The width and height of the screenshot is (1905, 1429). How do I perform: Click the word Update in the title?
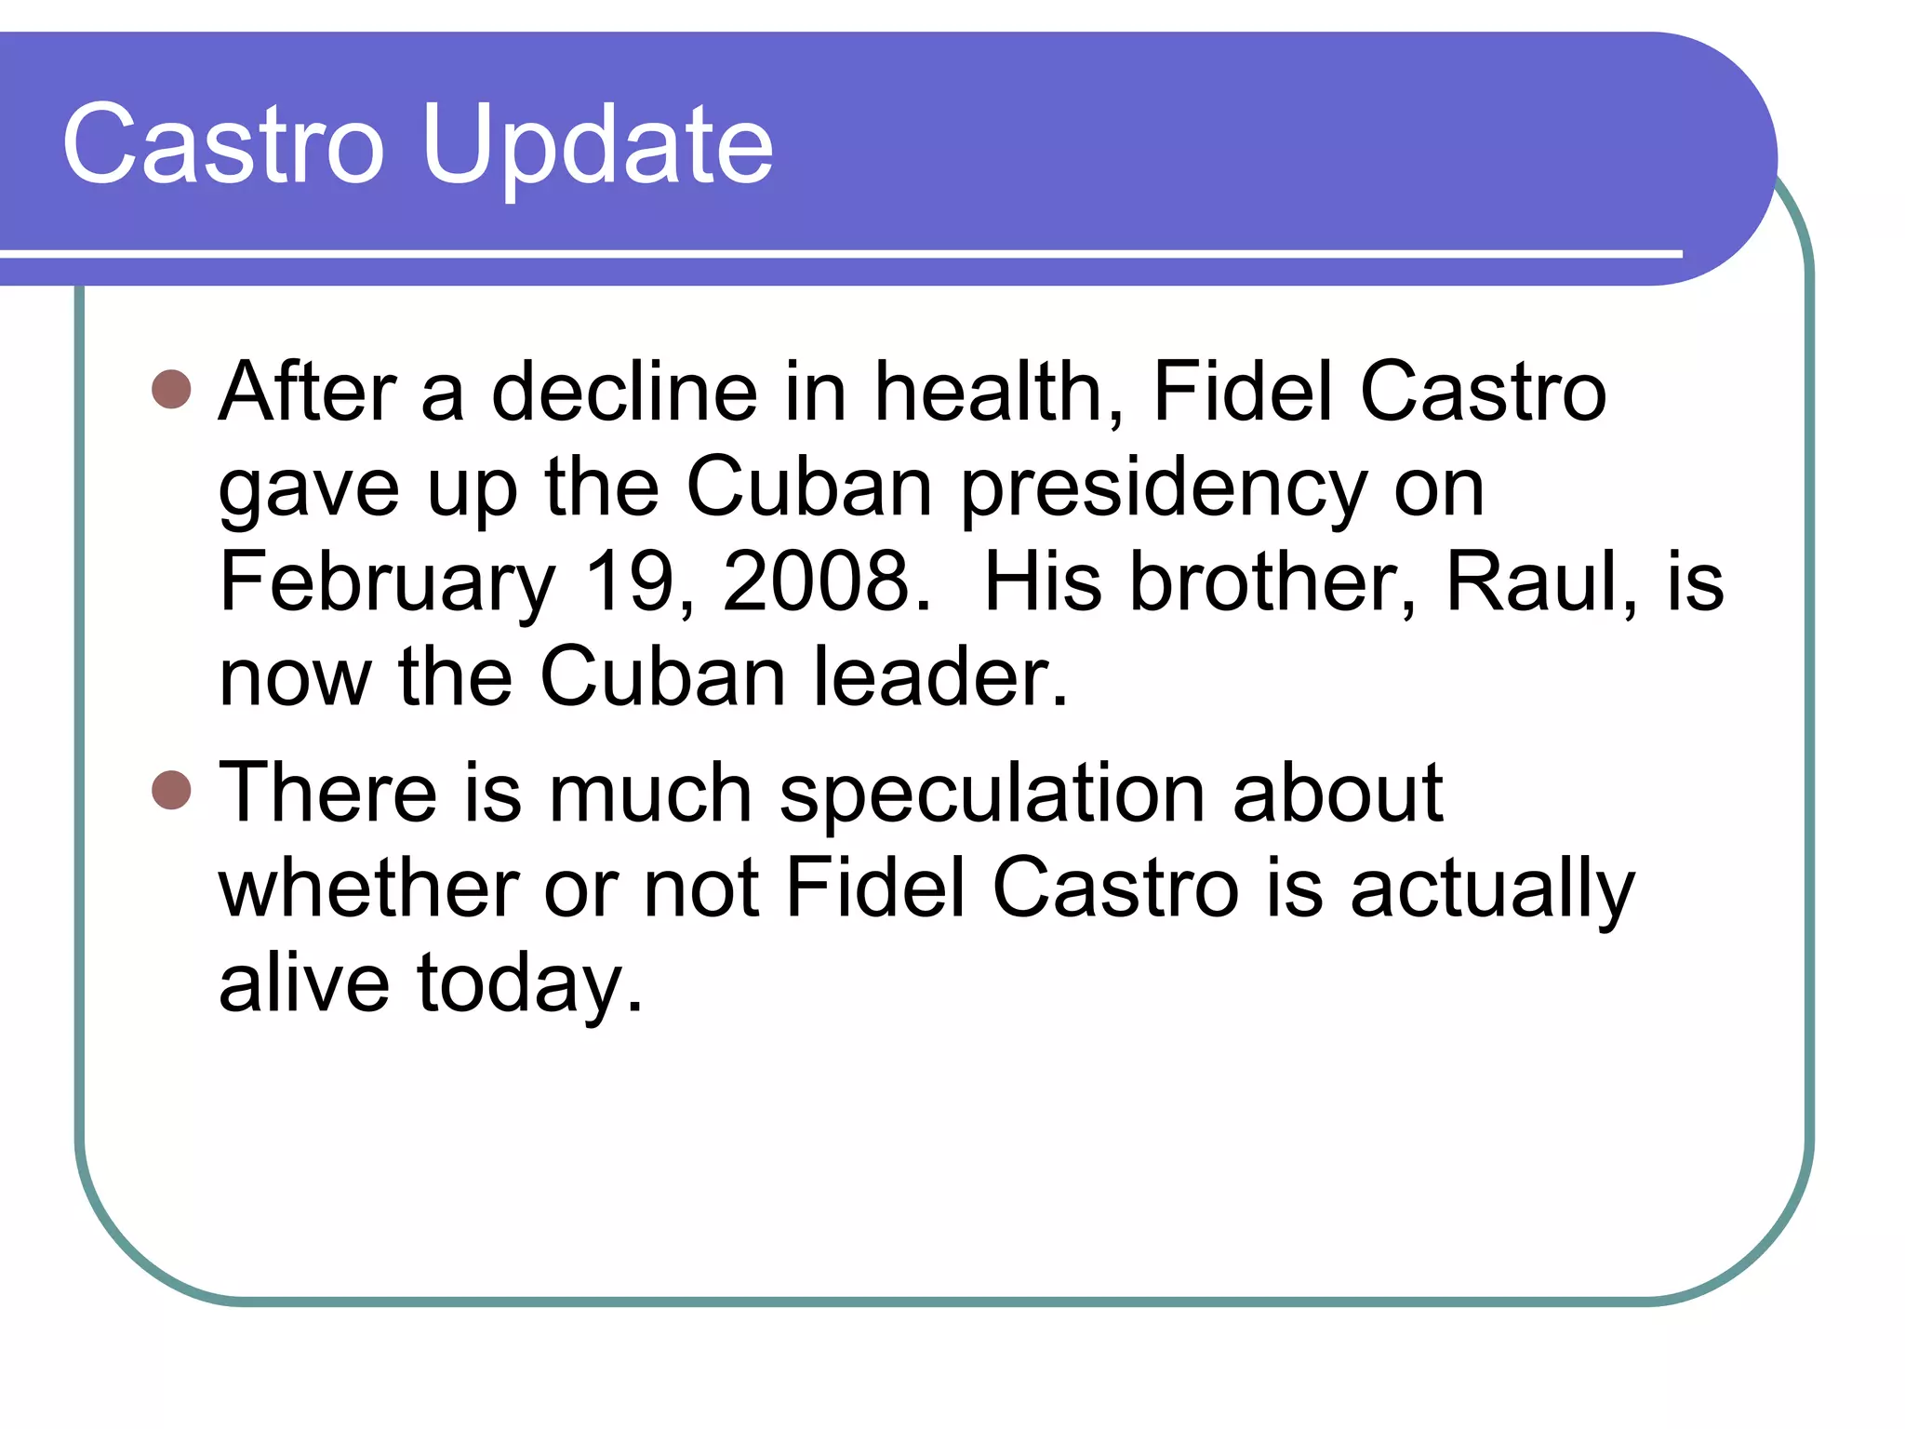(597, 144)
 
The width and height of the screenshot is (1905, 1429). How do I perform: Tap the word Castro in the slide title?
(223, 144)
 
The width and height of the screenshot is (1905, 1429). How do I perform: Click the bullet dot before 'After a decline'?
(171, 390)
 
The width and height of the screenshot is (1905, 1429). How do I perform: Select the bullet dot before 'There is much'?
(171, 790)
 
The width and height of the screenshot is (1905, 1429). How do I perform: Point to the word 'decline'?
(624, 392)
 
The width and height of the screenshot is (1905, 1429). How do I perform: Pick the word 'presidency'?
(1164, 488)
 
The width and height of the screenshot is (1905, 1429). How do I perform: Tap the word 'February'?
(387, 583)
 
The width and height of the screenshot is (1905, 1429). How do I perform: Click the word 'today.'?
(530, 984)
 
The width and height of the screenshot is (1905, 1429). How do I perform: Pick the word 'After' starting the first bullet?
(308, 392)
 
